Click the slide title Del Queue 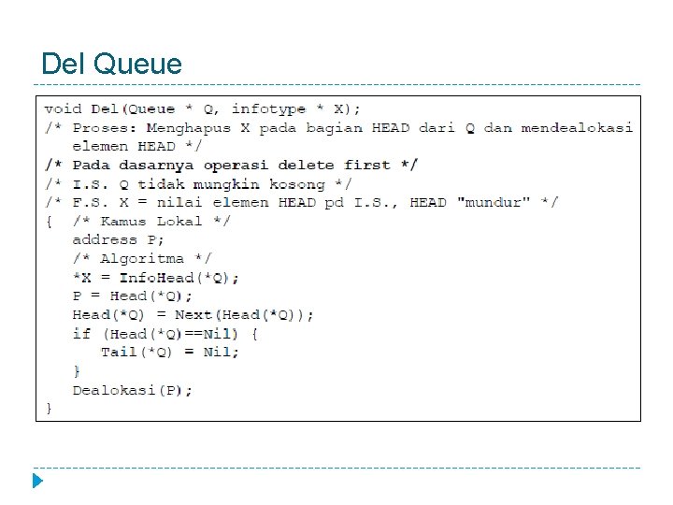click(112, 64)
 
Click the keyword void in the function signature click(63, 108)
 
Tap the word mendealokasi click(576, 127)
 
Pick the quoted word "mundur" click(498, 202)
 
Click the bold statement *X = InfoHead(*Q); click(155, 277)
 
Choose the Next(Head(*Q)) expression click(244, 314)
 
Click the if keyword click(81, 333)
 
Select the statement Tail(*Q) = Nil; click(169, 352)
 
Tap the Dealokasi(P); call click(132, 390)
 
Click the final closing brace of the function click(49, 408)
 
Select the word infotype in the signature click(268, 108)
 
